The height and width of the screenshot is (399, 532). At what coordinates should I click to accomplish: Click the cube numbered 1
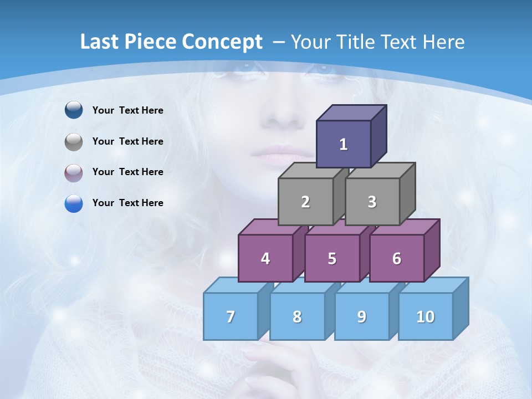coord(344,144)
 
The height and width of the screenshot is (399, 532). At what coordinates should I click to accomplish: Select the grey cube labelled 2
coord(305,202)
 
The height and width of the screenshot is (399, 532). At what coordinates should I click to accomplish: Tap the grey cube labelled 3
coord(372,202)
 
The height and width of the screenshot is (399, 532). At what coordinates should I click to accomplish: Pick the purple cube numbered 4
coord(265,258)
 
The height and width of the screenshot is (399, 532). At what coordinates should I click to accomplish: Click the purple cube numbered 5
coord(332,258)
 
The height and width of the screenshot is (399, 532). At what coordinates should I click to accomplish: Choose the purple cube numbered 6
coord(397,258)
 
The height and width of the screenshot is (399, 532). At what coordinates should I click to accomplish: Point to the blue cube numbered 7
coord(231,316)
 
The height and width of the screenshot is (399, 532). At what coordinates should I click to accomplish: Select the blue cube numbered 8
coord(297,316)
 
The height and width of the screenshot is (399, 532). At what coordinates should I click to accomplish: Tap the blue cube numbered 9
coord(362,316)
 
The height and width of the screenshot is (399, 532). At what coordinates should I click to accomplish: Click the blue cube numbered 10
coord(426,316)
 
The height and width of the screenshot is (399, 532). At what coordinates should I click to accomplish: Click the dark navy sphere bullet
coord(74,110)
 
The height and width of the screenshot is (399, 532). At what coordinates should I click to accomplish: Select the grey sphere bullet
coord(74,142)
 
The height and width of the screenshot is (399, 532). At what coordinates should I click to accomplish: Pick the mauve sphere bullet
coord(74,173)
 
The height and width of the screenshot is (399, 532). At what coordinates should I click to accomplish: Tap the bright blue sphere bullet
coord(74,203)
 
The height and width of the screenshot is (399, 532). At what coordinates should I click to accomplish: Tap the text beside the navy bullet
coord(128,110)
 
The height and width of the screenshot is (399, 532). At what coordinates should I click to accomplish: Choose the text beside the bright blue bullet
coord(128,203)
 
